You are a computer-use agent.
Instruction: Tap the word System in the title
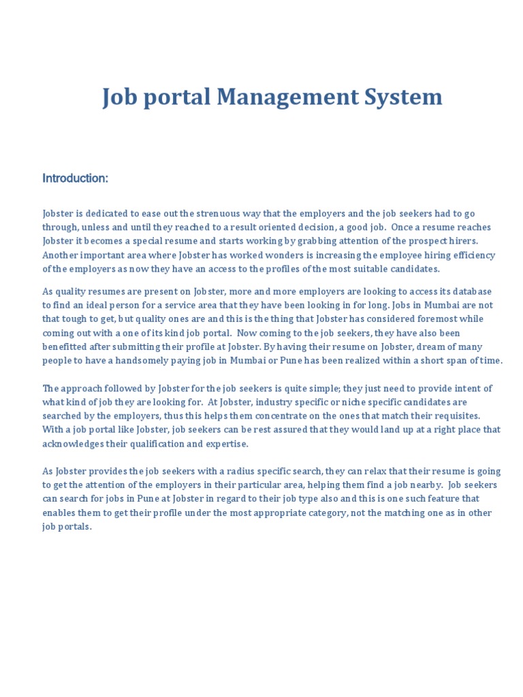405,97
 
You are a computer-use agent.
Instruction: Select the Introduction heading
76,178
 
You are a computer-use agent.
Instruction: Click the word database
470,291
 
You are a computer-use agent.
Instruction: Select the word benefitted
67,347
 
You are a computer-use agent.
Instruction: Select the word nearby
426,485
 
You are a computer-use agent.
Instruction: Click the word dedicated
103,214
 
